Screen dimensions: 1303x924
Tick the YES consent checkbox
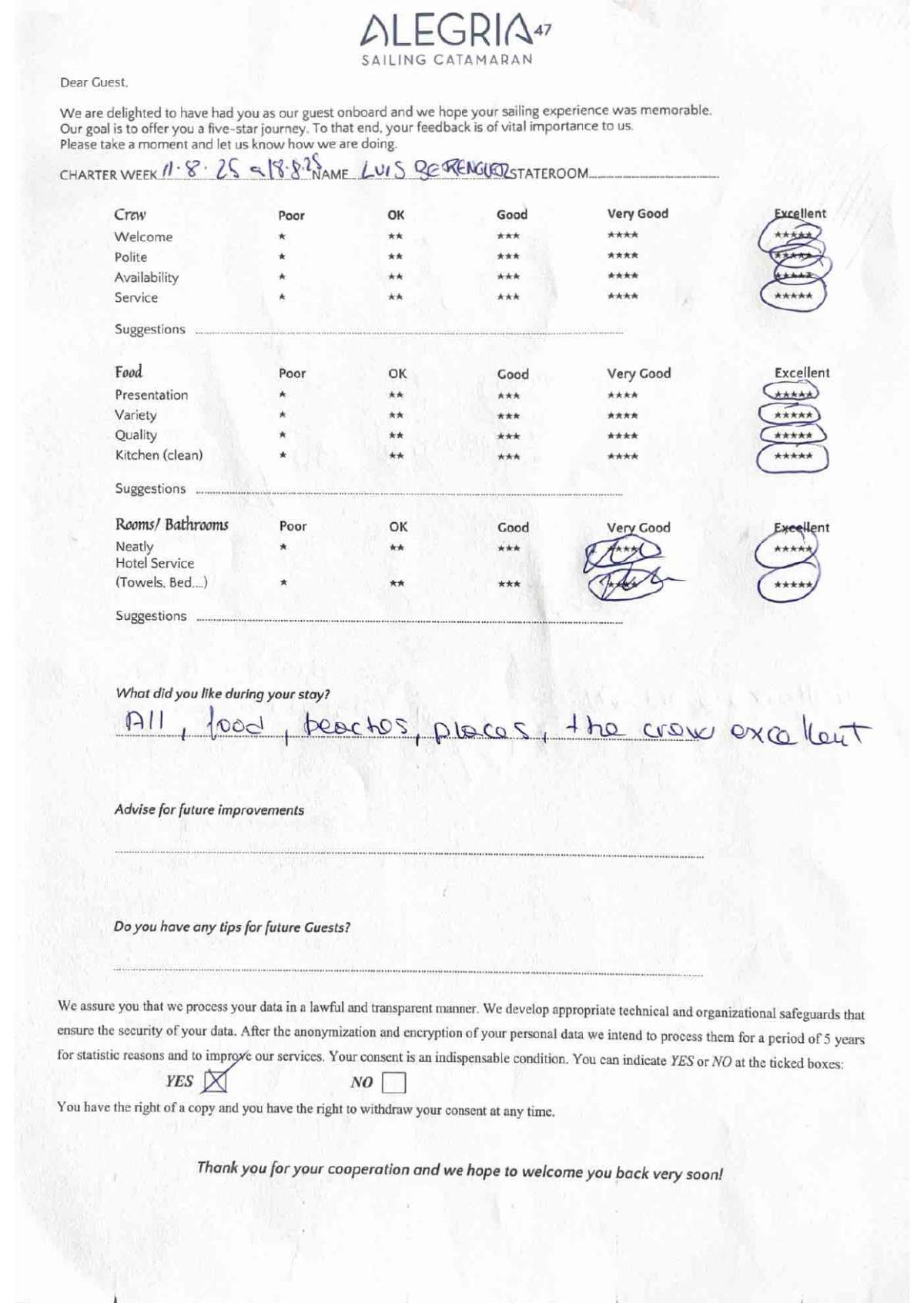[215, 1081]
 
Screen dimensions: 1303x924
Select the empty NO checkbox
[393, 1083]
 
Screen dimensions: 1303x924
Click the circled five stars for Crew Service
[793, 296]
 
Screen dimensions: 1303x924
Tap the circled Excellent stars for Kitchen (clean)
[793, 456]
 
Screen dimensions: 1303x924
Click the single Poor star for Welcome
[283, 237]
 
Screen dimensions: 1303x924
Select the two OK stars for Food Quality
[396, 436]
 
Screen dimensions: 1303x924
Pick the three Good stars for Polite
[507, 257]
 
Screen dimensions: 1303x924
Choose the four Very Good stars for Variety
[622, 416]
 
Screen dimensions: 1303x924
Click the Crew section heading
[130, 215]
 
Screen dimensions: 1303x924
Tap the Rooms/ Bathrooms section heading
[172, 525]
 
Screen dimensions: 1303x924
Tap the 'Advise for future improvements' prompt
[209, 810]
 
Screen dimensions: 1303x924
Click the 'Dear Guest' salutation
[94, 82]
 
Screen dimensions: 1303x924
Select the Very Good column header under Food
[638, 373]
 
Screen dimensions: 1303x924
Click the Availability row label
[146, 277]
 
